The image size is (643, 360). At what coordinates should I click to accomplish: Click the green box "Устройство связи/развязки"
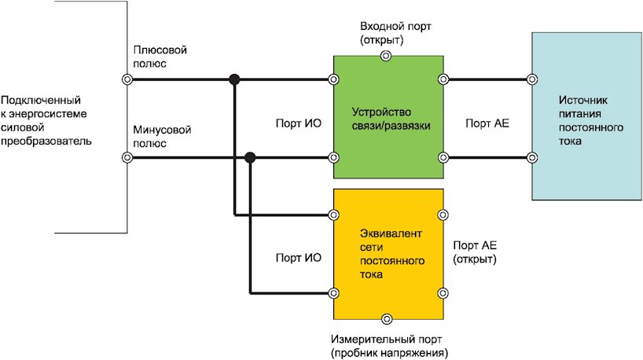[x=388, y=118]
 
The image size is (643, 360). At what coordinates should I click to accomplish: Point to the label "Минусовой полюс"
[x=160, y=137]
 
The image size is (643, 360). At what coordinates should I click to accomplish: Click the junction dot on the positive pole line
[x=233, y=79]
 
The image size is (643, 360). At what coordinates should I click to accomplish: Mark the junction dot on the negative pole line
[x=250, y=158]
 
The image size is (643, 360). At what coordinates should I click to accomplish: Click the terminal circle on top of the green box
[x=385, y=56]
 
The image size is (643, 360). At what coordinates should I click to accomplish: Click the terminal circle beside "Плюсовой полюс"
[x=127, y=79]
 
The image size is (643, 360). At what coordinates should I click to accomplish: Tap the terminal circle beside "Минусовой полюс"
[x=127, y=158]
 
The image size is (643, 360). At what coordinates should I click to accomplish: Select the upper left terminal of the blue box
[x=532, y=79]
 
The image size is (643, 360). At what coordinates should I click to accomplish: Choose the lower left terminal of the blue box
[x=532, y=158]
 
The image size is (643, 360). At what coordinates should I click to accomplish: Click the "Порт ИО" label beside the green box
[x=299, y=123]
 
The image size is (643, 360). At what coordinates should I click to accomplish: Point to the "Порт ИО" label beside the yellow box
[x=299, y=257]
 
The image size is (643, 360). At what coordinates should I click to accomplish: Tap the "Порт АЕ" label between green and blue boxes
[x=488, y=123]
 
